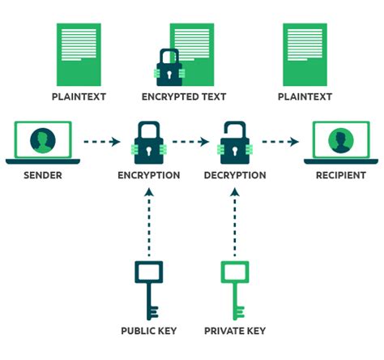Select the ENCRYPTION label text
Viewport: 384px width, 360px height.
(x=148, y=175)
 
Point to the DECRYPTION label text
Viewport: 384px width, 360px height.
(x=235, y=175)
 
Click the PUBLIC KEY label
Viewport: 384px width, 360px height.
(x=149, y=331)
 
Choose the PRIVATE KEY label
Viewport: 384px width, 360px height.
(x=234, y=331)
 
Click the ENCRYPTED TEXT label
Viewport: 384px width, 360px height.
(x=191, y=96)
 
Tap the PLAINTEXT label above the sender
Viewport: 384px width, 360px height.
(x=79, y=96)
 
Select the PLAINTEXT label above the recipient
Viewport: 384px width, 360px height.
(x=305, y=96)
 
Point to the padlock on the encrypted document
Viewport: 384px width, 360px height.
(x=169, y=68)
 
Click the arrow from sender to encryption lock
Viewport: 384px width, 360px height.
(x=100, y=143)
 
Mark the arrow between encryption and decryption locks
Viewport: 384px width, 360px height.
(x=191, y=143)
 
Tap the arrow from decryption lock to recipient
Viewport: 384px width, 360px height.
(x=279, y=143)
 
